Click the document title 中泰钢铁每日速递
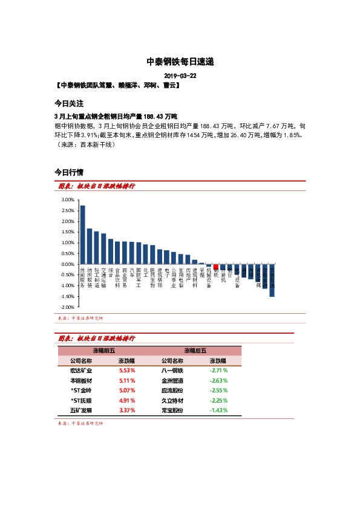[x=180, y=62]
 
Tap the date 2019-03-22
[x=180, y=77]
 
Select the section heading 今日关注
[x=68, y=103]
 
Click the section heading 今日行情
[x=68, y=172]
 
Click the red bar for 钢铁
[x=215, y=267]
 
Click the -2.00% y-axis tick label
[x=65, y=308]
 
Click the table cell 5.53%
[x=126, y=370]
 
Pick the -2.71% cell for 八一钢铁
[x=218, y=370]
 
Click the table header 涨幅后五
[x=195, y=351]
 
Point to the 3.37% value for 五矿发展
[x=126, y=410]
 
